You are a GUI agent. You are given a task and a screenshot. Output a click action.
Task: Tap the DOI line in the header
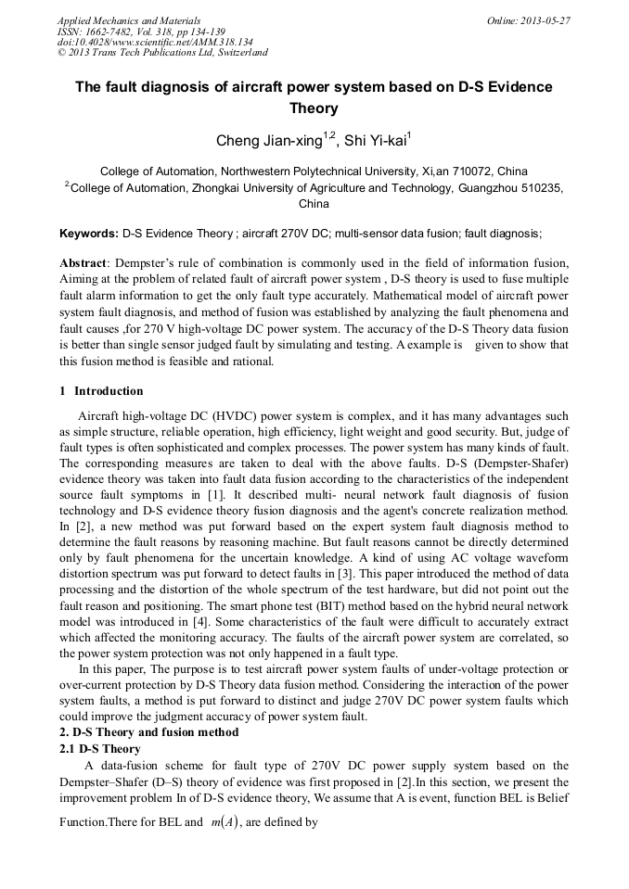pos(155,42)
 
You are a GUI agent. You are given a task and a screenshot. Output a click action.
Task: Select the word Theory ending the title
pos(314,108)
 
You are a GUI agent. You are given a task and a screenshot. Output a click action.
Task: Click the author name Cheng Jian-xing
pos(269,142)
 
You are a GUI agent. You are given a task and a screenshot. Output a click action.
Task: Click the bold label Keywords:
pos(89,235)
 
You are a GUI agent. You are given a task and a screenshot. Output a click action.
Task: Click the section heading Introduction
pos(109,391)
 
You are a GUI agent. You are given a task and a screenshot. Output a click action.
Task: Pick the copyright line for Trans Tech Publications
pos(162,53)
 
